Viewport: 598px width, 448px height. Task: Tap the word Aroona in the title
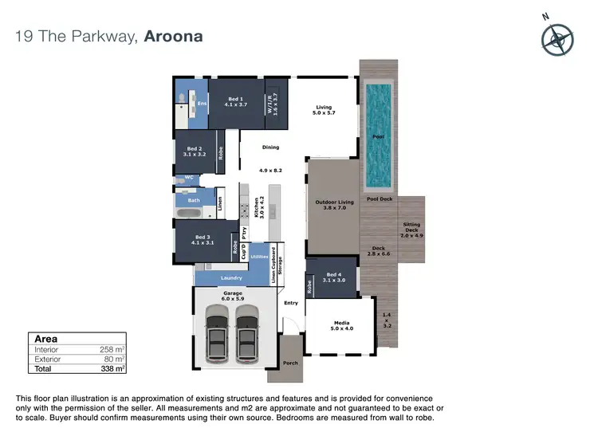pyautogui.click(x=173, y=37)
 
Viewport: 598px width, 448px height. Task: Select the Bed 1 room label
pyautogui.click(x=237, y=101)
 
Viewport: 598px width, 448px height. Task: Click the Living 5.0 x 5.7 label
pyautogui.click(x=324, y=110)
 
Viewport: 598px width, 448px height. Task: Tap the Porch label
pyautogui.click(x=290, y=363)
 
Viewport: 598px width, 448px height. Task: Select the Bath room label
pyautogui.click(x=194, y=200)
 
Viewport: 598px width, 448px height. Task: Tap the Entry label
pyautogui.click(x=290, y=302)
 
